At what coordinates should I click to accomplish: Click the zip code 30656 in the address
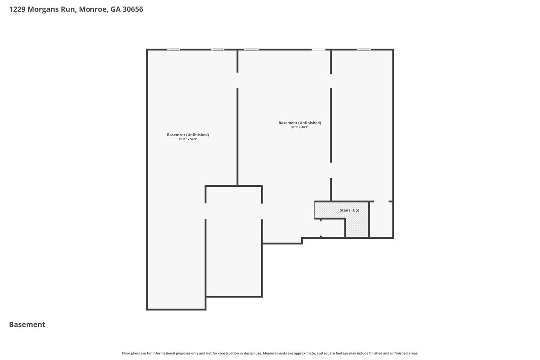(133, 9)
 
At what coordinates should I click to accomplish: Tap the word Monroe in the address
(92, 9)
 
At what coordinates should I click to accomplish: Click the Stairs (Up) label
(349, 210)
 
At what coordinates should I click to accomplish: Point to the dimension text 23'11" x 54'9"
(187, 139)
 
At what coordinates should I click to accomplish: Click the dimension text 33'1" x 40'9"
(300, 127)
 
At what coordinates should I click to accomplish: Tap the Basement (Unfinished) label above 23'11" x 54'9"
(187, 135)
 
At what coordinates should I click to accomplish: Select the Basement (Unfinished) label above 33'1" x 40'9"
(300, 123)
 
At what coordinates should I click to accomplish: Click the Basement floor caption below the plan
(27, 325)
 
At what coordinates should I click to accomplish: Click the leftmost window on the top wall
(174, 50)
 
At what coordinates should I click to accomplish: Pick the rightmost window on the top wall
(363, 50)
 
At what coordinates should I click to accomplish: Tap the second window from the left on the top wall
(218, 50)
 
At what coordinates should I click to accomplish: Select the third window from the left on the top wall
(251, 50)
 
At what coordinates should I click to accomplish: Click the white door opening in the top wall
(319, 50)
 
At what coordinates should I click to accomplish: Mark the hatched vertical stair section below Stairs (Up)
(357, 228)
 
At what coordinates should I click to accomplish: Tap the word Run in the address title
(68, 9)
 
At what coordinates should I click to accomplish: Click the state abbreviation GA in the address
(115, 9)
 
